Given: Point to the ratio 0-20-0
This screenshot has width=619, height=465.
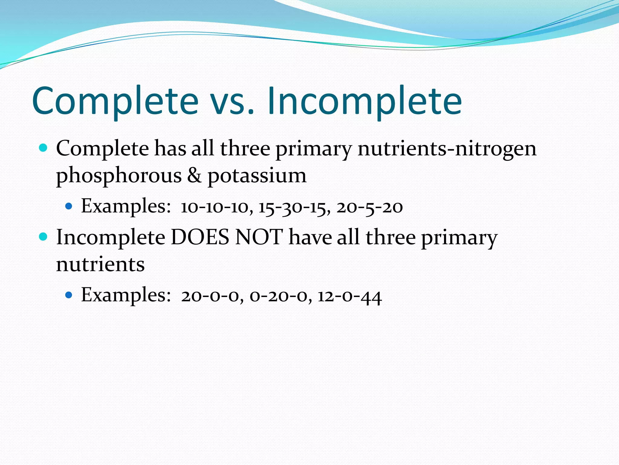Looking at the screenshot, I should [x=280, y=296].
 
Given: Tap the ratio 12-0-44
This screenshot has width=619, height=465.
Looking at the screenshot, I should [x=349, y=296].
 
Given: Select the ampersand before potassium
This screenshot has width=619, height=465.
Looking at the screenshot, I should [x=194, y=176].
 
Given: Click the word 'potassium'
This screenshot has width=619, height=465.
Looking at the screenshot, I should [x=257, y=176].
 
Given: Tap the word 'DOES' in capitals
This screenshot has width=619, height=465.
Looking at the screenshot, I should [x=200, y=237].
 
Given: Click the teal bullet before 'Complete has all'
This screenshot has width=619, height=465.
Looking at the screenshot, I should [x=44, y=148].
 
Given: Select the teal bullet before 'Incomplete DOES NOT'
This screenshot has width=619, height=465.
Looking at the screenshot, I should [x=44, y=237].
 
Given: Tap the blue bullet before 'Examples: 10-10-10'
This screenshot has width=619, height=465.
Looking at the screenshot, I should [x=69, y=206].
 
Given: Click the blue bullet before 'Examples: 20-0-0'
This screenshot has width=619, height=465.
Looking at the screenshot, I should [x=69, y=295].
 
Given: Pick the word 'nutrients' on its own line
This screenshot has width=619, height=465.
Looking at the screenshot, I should [x=100, y=264].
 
